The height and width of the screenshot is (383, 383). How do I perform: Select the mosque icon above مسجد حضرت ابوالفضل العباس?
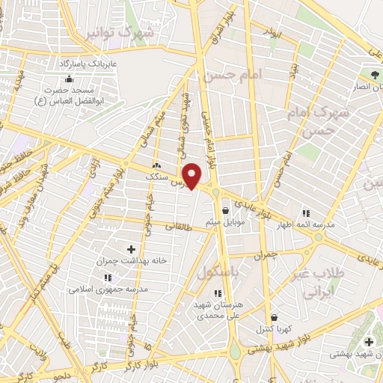coord(70,79)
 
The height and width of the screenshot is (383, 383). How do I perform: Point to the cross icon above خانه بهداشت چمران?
coord(132,248)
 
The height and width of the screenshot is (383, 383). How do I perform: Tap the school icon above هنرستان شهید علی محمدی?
coord(218,293)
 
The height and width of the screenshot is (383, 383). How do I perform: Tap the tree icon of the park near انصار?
coord(374,74)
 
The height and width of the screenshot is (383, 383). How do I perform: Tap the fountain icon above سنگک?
coord(157,165)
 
